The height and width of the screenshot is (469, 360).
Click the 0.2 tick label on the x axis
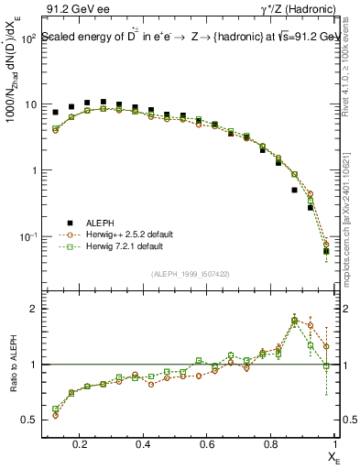[x=80, y=444]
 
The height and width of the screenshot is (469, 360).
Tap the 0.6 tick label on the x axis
[x=207, y=444]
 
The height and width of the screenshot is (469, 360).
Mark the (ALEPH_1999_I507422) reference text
[x=191, y=274]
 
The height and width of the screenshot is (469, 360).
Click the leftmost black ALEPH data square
[x=56, y=113]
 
